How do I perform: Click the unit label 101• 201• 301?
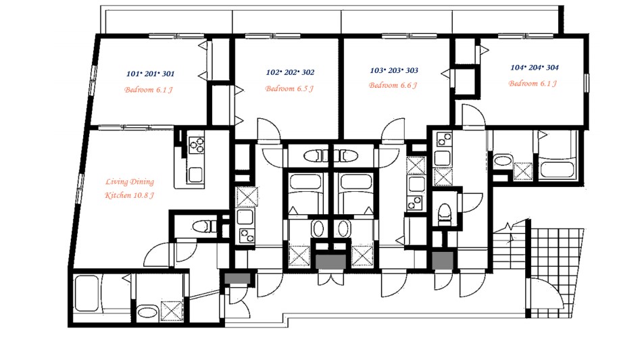[x=150, y=74]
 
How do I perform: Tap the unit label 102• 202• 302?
[x=290, y=72]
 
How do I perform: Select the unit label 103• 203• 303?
[x=394, y=70]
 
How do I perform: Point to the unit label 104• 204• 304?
[x=535, y=68]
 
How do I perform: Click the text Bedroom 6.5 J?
[x=289, y=88]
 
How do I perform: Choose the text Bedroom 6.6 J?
[x=393, y=85]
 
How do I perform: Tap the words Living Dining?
[x=130, y=182]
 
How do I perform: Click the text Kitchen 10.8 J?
[x=129, y=195]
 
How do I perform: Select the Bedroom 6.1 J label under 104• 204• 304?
[x=532, y=83]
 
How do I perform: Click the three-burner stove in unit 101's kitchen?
[x=196, y=145]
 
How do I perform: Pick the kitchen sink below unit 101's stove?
[x=195, y=175]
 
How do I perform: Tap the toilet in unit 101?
[x=204, y=226]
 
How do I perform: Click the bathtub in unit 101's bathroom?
[x=86, y=293]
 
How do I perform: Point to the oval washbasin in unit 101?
[x=148, y=312]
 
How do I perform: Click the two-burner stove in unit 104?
[x=443, y=140]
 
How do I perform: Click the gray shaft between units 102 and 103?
[x=330, y=262]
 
